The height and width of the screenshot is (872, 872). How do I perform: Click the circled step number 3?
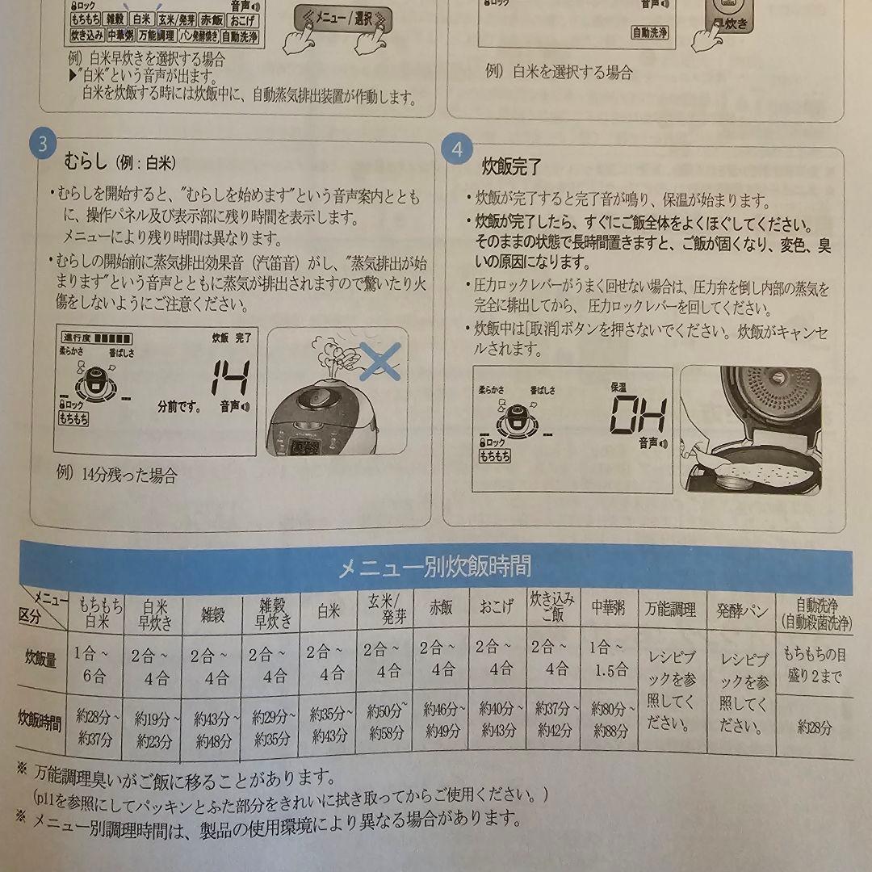point(42,144)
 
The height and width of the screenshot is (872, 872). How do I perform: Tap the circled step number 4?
point(458,150)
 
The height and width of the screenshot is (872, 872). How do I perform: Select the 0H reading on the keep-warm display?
point(637,417)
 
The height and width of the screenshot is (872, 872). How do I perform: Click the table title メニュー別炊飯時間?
point(434,566)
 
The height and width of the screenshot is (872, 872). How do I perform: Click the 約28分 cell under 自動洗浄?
point(814,727)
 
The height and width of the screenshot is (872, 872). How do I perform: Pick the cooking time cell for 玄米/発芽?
point(385,722)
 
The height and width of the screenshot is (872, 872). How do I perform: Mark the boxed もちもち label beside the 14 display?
point(73,419)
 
